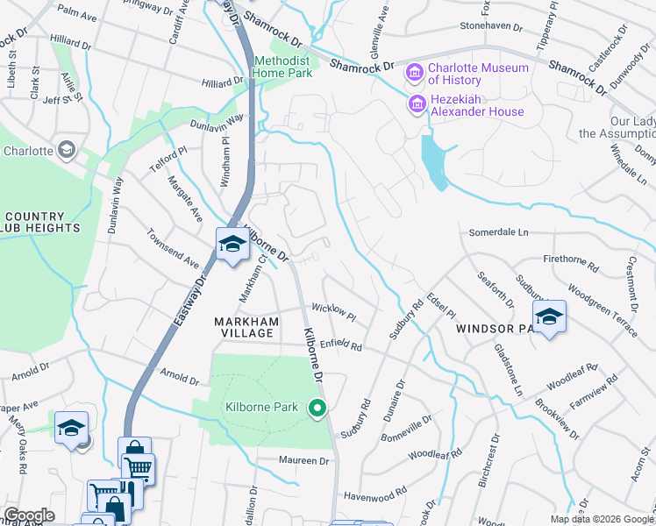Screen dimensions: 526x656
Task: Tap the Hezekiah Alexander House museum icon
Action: point(417,104)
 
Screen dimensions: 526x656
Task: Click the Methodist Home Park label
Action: point(283,68)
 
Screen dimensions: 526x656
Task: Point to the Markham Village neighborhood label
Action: point(246,330)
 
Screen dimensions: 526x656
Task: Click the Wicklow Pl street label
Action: point(333,311)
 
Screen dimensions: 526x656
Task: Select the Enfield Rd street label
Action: point(340,346)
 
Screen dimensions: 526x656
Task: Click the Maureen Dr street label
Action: point(303,460)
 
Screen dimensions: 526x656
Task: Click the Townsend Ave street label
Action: point(174,250)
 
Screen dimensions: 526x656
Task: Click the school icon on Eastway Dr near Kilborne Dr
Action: point(232,245)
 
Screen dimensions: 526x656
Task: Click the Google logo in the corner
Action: point(28,515)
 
